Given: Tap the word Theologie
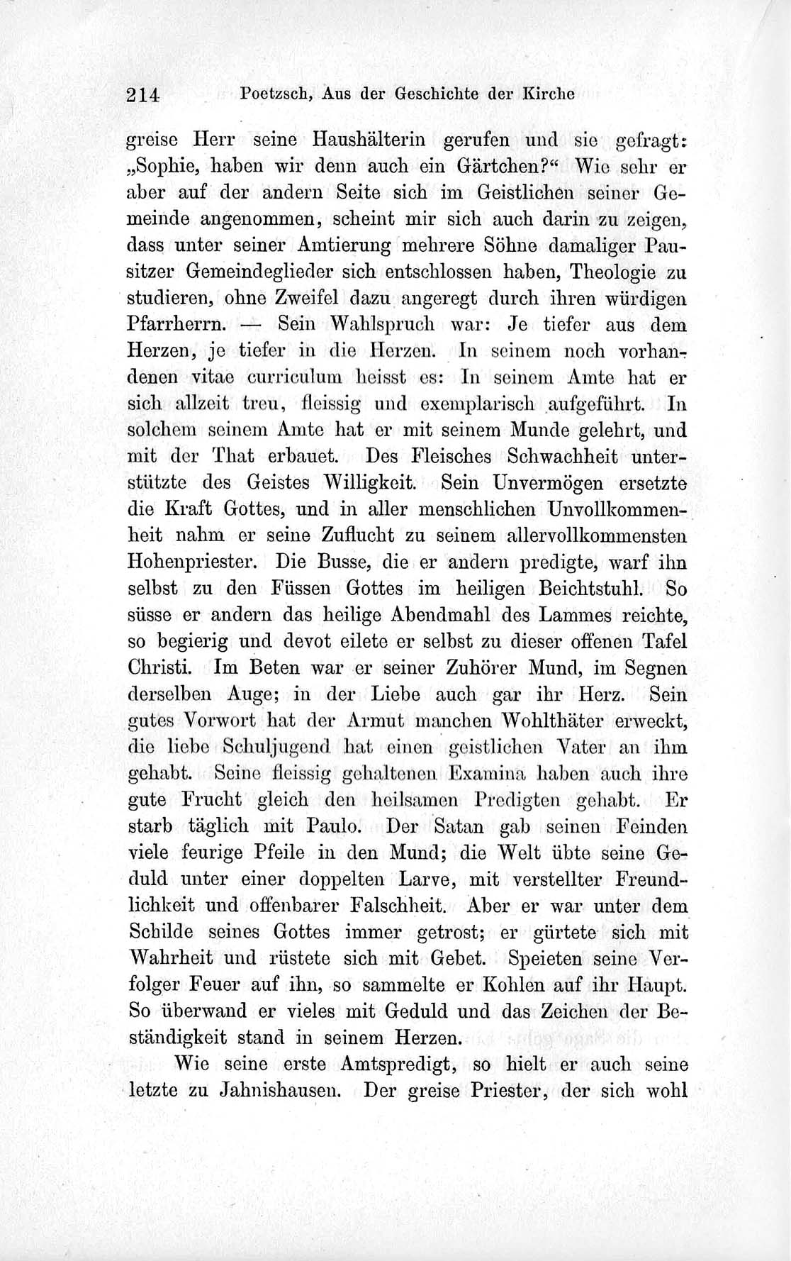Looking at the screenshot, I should (x=614, y=272).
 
